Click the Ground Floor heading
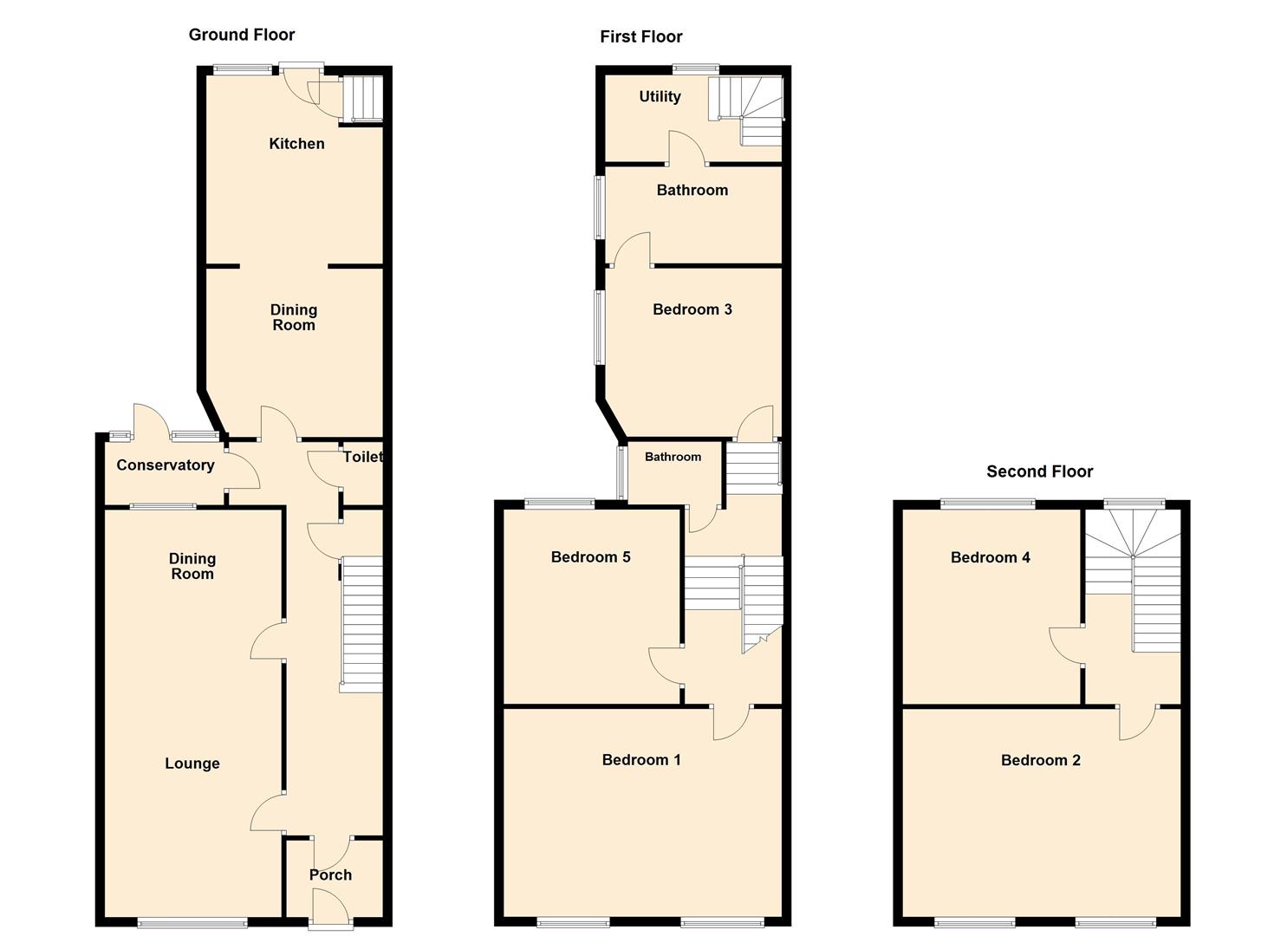pos(242,35)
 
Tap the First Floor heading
pos(640,36)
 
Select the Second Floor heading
pos(1039,471)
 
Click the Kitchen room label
pos(296,144)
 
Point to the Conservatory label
pos(165,465)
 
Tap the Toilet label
pos(362,457)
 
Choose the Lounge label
pos(192,764)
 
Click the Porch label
pos(330,875)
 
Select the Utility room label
pos(660,96)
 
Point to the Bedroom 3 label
pos(692,309)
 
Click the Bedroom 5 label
pos(590,557)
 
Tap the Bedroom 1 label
pos(641,760)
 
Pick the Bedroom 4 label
pos(990,557)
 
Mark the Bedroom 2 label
pos(1040,760)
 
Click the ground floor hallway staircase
pos(361,623)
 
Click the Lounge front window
pos(192,922)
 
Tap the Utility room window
pos(697,68)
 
